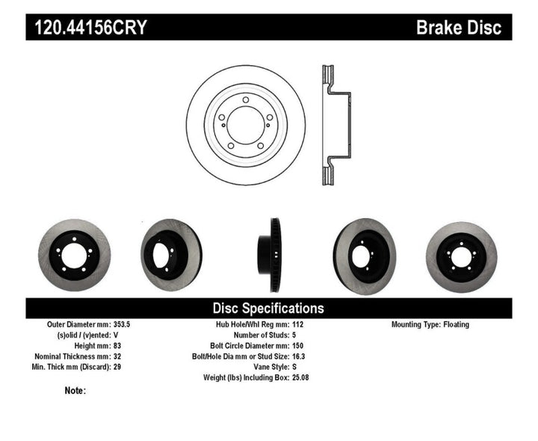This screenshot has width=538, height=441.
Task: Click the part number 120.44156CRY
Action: pyautogui.click(x=88, y=29)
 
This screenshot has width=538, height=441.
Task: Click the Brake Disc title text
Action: pyautogui.click(x=458, y=29)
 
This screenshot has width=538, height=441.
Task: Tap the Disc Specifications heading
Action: pyautogui.click(x=268, y=308)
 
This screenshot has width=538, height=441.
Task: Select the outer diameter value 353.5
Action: pyautogui.click(x=121, y=325)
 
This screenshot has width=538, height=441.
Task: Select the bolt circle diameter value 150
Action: pyautogui.click(x=297, y=346)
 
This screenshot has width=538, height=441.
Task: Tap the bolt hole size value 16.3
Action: pyautogui.click(x=299, y=357)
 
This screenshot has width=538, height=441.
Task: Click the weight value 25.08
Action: pyautogui.click(x=301, y=377)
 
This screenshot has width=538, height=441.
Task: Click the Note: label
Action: pyautogui.click(x=75, y=390)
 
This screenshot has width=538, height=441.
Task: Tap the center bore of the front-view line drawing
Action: pyautogui.click(x=246, y=124)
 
